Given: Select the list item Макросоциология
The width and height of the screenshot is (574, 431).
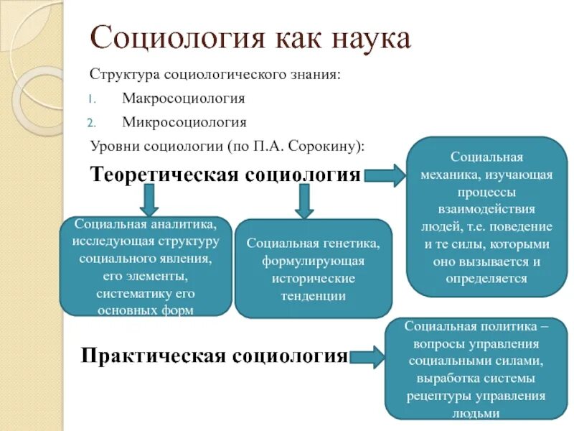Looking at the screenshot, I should [184, 98].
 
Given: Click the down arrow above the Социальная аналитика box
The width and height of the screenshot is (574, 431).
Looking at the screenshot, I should [148, 198].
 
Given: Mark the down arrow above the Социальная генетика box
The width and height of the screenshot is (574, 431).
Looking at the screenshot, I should [304, 200].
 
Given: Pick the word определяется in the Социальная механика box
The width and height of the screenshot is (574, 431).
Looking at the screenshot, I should [486, 278].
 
